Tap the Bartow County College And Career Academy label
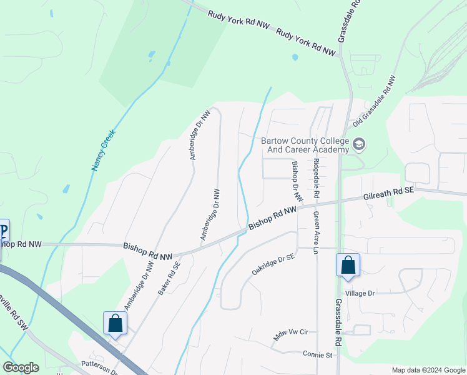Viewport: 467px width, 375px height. pos(305,146)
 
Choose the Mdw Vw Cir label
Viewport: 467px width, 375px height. pos(292,335)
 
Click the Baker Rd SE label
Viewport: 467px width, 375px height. pos(169,278)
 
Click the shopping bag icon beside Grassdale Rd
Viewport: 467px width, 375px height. pos(348,265)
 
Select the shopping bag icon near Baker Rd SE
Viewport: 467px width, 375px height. pos(115,323)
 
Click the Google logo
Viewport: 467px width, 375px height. pos(21,367)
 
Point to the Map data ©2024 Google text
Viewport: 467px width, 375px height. pos(427,370)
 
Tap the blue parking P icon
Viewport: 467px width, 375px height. pos(3,230)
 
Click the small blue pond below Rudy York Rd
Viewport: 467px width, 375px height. pos(295,57)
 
